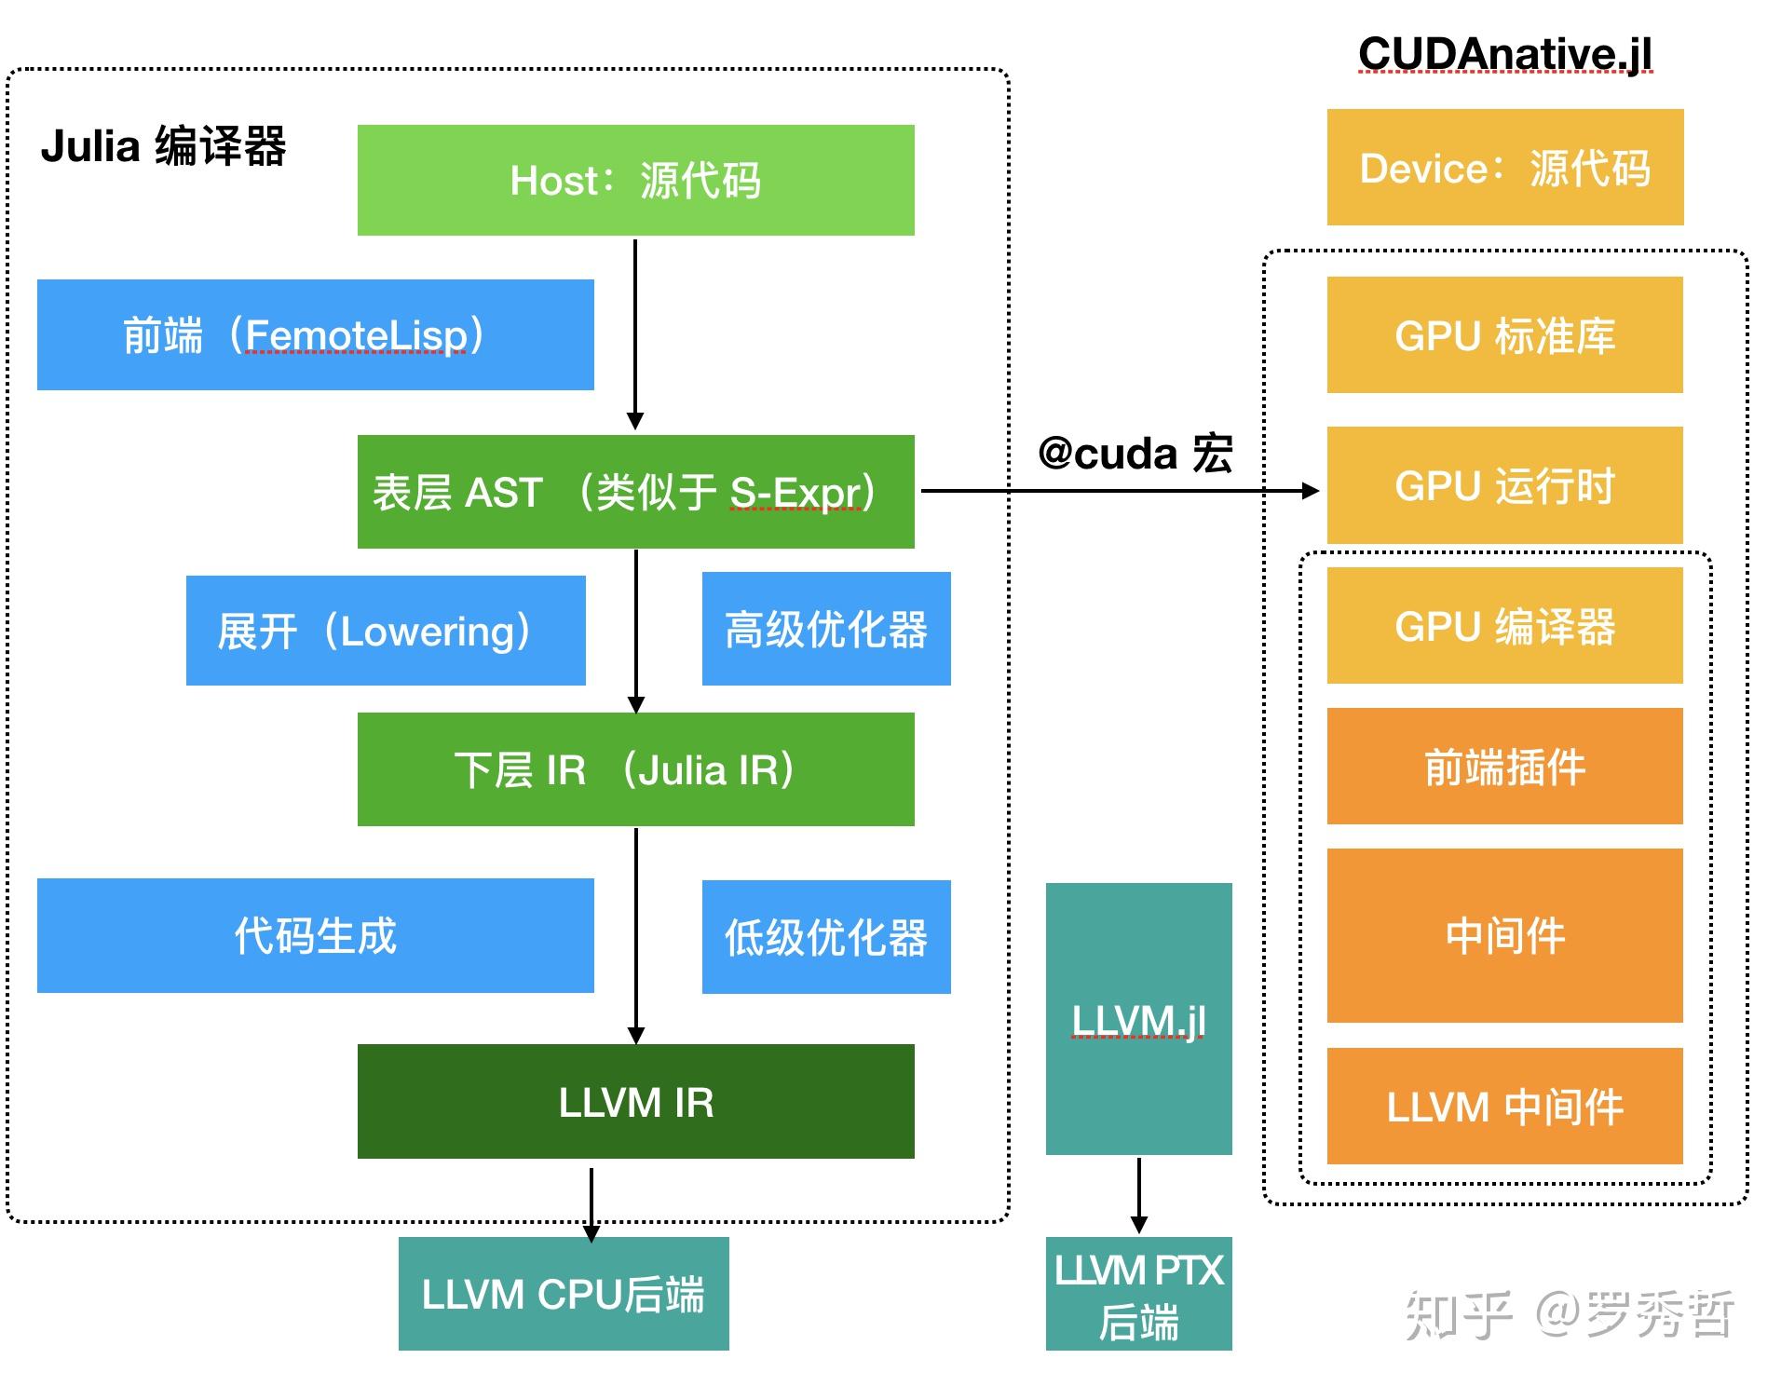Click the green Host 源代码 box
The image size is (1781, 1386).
click(x=635, y=180)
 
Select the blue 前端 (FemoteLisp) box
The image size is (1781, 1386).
click(x=315, y=334)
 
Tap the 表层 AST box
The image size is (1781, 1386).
click(x=635, y=491)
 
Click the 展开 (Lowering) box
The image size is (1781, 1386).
click(x=385, y=631)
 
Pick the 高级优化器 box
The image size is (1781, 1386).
click(x=825, y=629)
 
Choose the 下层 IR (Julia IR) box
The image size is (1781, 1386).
click(x=635, y=769)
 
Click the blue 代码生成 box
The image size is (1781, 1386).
click(x=315, y=935)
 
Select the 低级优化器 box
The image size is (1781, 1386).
click(x=825, y=937)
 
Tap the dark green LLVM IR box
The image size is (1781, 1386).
click(x=635, y=1101)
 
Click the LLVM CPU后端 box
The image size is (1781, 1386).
click(x=563, y=1294)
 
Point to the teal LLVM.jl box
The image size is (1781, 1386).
click(x=1138, y=1019)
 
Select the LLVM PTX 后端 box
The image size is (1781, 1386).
click(x=1138, y=1294)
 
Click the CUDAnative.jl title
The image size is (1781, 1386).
click(x=1504, y=53)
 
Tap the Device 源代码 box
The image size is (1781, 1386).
click(x=1504, y=168)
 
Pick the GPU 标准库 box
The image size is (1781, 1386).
click(x=1504, y=335)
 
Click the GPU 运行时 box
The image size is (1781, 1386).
click(x=1504, y=485)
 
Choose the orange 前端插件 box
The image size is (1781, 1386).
click(x=1504, y=767)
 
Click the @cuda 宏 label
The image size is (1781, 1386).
click(x=1135, y=454)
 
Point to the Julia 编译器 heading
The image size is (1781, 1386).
click(x=163, y=146)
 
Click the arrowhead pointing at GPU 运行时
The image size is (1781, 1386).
click(x=1311, y=491)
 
